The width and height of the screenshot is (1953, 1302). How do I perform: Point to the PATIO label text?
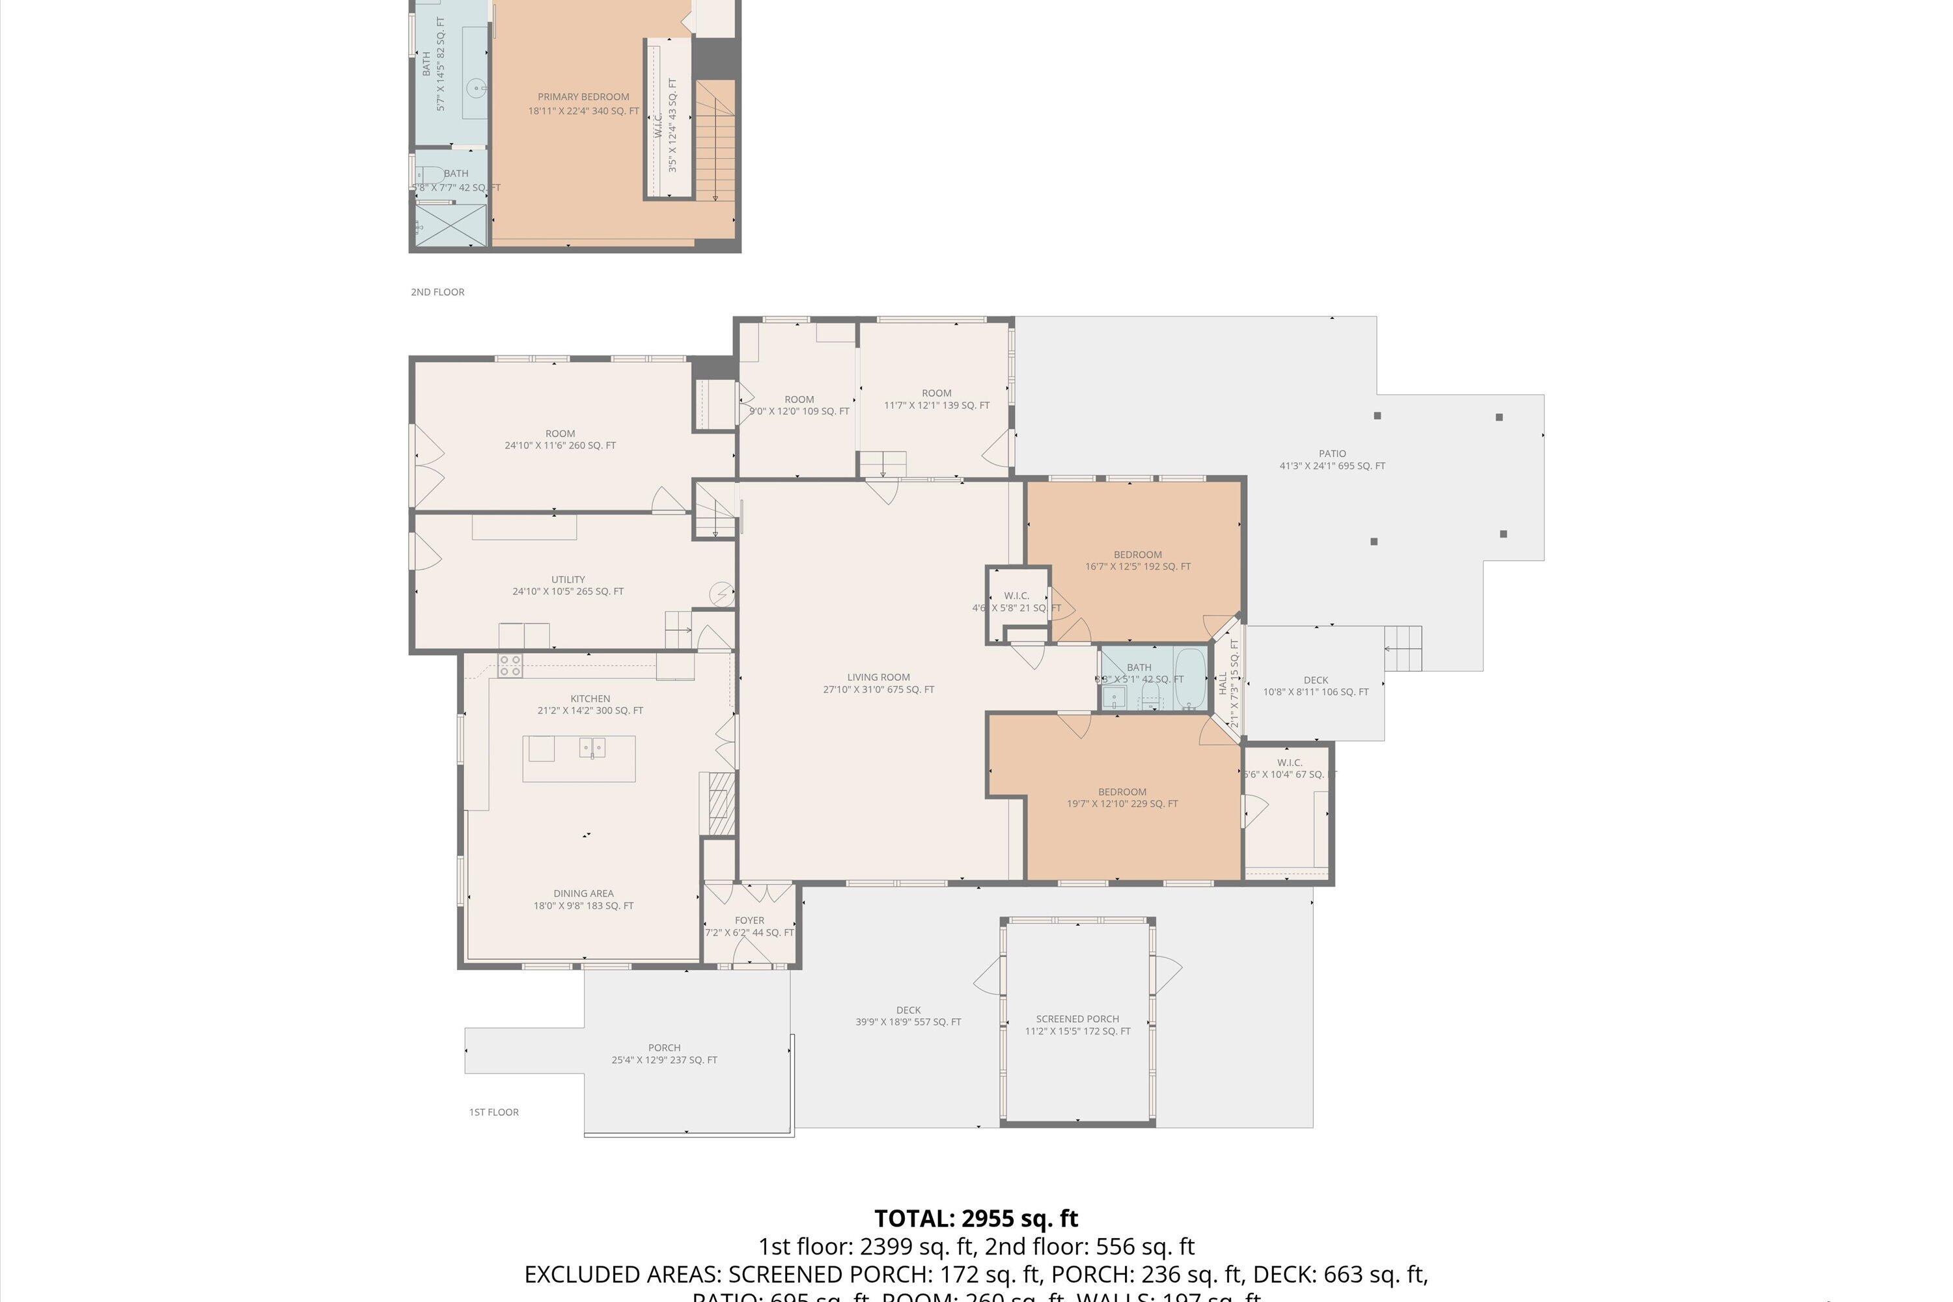coord(1332,453)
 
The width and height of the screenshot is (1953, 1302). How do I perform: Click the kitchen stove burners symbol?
coord(510,665)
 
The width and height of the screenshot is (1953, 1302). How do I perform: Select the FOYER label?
coord(749,920)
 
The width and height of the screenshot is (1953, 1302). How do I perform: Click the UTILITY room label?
coord(568,579)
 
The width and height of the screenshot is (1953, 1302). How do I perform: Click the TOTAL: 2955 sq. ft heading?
coord(976,1218)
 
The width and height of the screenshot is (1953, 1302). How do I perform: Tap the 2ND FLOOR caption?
coord(437,292)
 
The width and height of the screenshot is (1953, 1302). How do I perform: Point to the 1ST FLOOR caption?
coord(493,1112)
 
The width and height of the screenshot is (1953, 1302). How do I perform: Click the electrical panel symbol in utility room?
coord(721,594)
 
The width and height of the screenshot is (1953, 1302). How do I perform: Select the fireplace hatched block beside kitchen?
coord(721,803)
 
